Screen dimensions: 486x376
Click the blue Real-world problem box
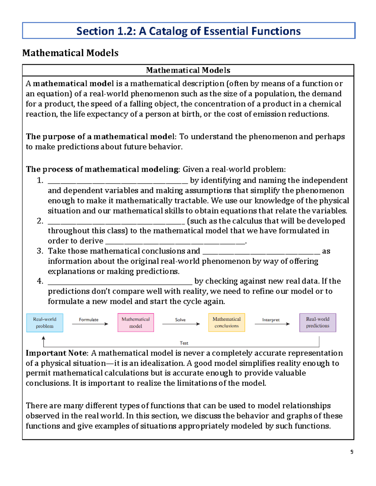tap(45, 323)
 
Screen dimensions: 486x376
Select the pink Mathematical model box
tap(136, 323)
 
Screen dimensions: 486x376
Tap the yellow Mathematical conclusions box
tap(227, 323)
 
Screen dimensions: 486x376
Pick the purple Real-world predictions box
tap(318, 323)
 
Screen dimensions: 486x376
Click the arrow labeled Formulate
tap(90, 324)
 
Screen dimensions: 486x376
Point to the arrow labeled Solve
tap(181, 324)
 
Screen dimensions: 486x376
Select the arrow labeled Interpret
tap(272, 324)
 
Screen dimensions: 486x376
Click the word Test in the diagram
tap(184, 343)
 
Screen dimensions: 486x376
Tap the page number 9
tap(352, 452)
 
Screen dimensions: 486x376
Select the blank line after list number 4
tap(120, 283)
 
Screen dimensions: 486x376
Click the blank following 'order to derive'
tap(175, 242)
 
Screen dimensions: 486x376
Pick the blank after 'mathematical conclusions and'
tap(261, 253)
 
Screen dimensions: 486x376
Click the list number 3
tap(39, 251)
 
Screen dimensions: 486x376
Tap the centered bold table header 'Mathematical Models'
tap(188, 70)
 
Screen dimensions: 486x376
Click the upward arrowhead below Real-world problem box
tap(44, 338)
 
